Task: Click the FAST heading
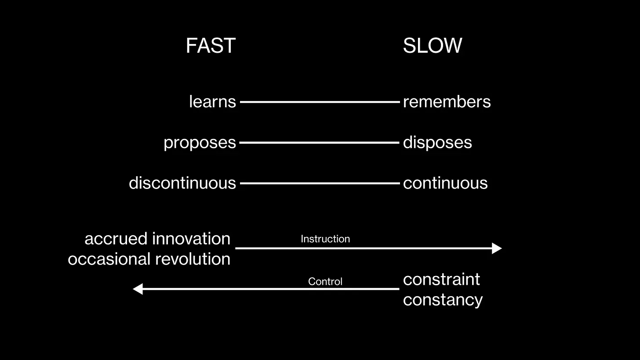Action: (211, 46)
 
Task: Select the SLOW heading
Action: (432, 46)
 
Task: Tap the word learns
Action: (212, 102)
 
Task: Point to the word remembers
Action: (447, 102)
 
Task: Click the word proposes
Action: (200, 142)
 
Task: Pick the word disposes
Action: (437, 142)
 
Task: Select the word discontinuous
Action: (182, 183)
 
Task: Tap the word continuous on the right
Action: (445, 183)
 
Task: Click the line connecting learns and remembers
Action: (320, 102)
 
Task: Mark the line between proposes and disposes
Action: (320, 142)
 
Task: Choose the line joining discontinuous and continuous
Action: (320, 183)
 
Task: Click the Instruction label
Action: (325, 239)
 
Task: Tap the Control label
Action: (325, 281)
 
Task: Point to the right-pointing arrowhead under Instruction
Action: (497, 248)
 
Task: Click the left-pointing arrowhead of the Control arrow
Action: (138, 289)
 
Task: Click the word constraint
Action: (441, 279)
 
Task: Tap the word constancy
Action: (443, 300)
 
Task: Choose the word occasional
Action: (105, 259)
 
